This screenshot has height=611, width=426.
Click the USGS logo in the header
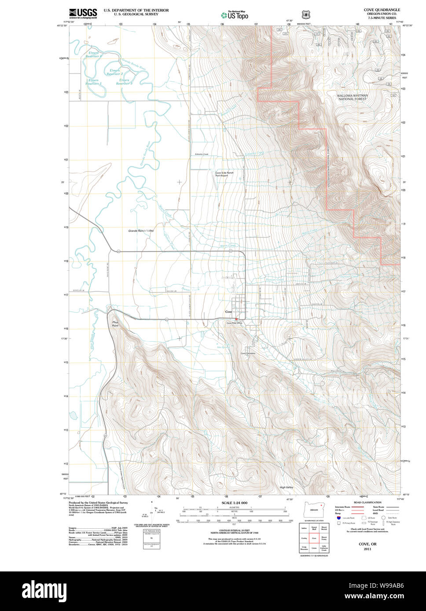pyautogui.click(x=83, y=13)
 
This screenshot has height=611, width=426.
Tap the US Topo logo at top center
pyautogui.click(x=235, y=15)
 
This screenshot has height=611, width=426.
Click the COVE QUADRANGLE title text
pyautogui.click(x=382, y=10)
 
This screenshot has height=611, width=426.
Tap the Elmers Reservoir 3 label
pyautogui.click(x=124, y=82)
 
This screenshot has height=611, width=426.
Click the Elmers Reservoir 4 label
pyautogui.click(x=93, y=55)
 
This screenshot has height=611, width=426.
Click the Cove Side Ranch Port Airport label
pyautogui.click(x=224, y=174)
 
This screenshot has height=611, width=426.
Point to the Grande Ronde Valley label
pyautogui.click(x=141, y=230)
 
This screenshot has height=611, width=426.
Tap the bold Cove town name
pyautogui.click(x=228, y=312)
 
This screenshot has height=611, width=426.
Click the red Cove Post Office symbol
pyautogui.click(x=236, y=319)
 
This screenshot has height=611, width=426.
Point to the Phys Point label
pyautogui.click(x=115, y=324)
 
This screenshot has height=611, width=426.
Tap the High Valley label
pyautogui.click(x=286, y=487)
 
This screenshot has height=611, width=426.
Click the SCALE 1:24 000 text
pyautogui.click(x=234, y=503)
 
